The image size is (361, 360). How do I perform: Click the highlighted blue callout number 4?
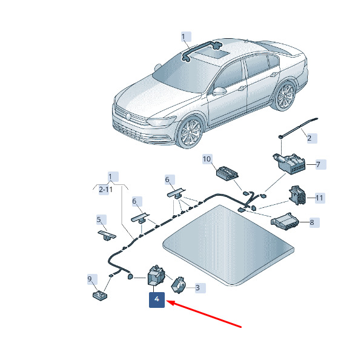pyautogui.click(x=157, y=299)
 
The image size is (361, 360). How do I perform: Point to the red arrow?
pyautogui.click(x=204, y=314)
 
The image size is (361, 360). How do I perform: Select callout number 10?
pyautogui.click(x=207, y=159)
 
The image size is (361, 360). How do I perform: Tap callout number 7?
pyautogui.click(x=319, y=164)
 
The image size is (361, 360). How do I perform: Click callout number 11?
pyautogui.click(x=319, y=198)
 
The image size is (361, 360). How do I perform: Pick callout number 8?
pyautogui.click(x=312, y=222)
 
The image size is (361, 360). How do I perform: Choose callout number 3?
pyautogui.click(x=197, y=288)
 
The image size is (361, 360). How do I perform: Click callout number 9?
pyautogui.click(x=90, y=279)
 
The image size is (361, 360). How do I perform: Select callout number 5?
pyautogui.click(x=99, y=219)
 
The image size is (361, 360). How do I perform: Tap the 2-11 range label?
pyautogui.click(x=105, y=190)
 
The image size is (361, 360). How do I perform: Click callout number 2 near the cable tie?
pyautogui.click(x=310, y=138)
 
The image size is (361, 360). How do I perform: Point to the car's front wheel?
pyautogui.click(x=190, y=133)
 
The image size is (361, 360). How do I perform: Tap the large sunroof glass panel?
pyautogui.click(x=228, y=245)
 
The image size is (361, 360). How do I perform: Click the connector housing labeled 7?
pyautogui.click(x=290, y=164)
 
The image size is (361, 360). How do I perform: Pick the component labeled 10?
pyautogui.click(x=227, y=173)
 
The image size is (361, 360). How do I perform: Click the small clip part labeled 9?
pyautogui.click(x=100, y=295)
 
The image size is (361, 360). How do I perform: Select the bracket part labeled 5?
pyautogui.click(x=107, y=235)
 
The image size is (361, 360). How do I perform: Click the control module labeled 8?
pyautogui.click(x=285, y=221)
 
